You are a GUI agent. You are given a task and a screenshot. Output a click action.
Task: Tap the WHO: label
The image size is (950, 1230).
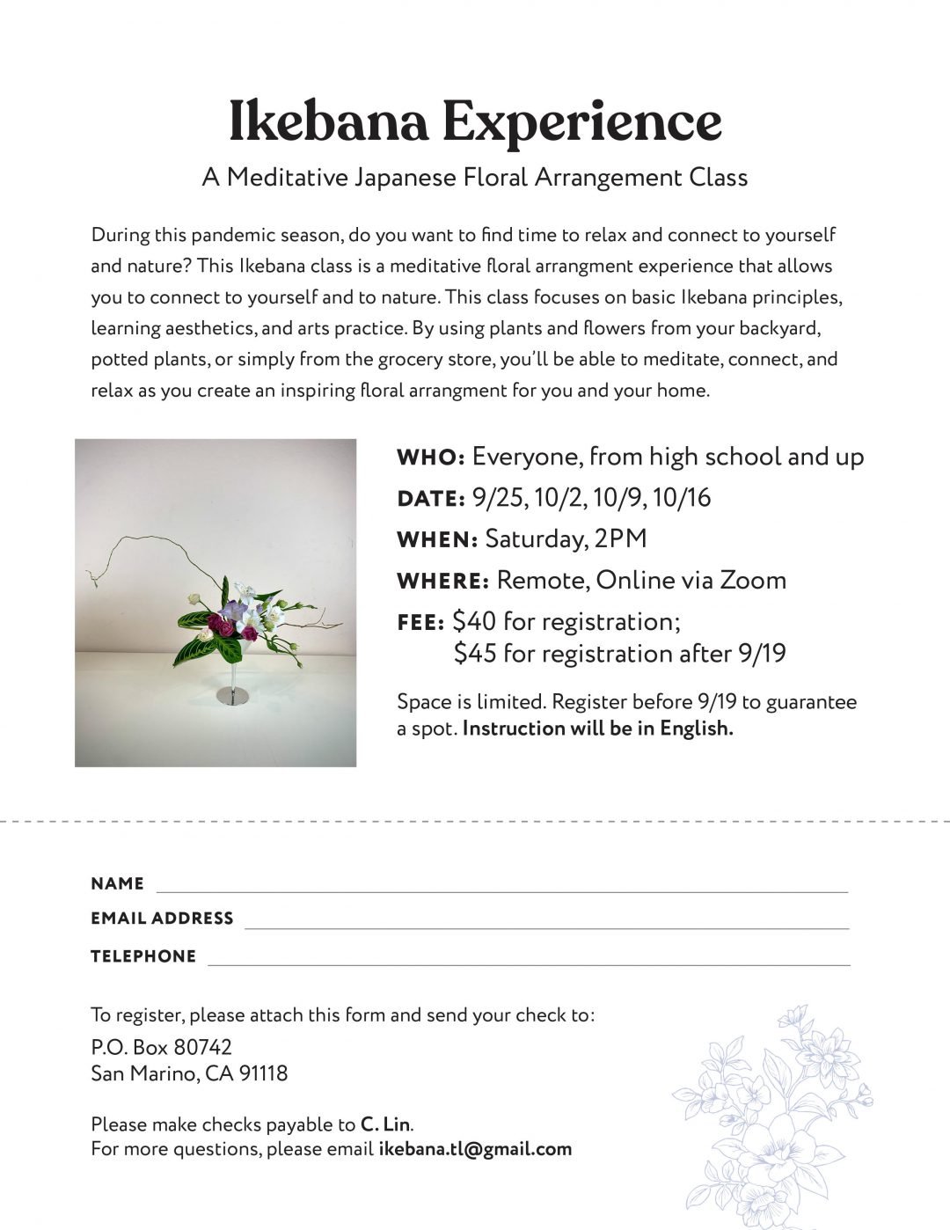click(x=430, y=458)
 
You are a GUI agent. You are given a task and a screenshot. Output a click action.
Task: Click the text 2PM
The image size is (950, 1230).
click(x=620, y=539)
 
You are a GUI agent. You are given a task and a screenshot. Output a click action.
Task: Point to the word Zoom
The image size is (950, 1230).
click(x=753, y=581)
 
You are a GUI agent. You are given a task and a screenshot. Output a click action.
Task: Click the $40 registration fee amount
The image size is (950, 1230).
click(x=472, y=622)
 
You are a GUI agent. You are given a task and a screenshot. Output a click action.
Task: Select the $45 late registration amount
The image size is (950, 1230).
click(x=475, y=655)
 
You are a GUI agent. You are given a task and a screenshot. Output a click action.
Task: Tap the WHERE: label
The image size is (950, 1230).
click(x=442, y=582)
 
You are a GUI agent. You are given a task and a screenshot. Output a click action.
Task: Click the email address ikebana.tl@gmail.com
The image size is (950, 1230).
click(x=475, y=1149)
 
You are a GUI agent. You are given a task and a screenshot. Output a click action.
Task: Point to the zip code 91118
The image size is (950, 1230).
click(x=263, y=1073)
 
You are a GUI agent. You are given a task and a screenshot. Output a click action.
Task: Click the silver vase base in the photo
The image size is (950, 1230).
click(x=226, y=695)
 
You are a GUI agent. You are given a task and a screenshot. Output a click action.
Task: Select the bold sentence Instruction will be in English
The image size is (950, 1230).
click(x=597, y=728)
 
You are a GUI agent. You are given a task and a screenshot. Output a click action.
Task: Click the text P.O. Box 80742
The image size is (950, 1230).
click(x=161, y=1047)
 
